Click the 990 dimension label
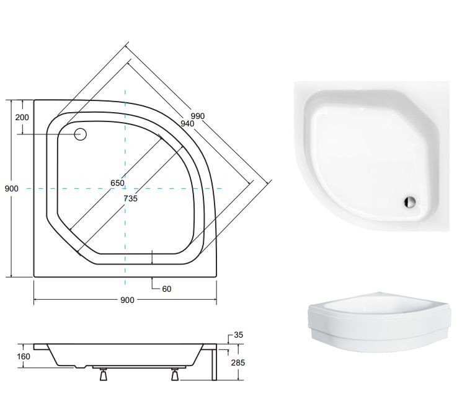(x=198, y=116)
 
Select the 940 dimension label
(x=187, y=124)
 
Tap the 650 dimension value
(x=117, y=183)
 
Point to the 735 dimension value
(x=130, y=199)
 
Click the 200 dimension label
(x=22, y=117)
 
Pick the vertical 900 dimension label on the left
(x=11, y=189)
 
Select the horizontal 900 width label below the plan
(x=127, y=300)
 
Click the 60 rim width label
(x=166, y=289)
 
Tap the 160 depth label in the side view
(x=24, y=356)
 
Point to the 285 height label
(x=238, y=363)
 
